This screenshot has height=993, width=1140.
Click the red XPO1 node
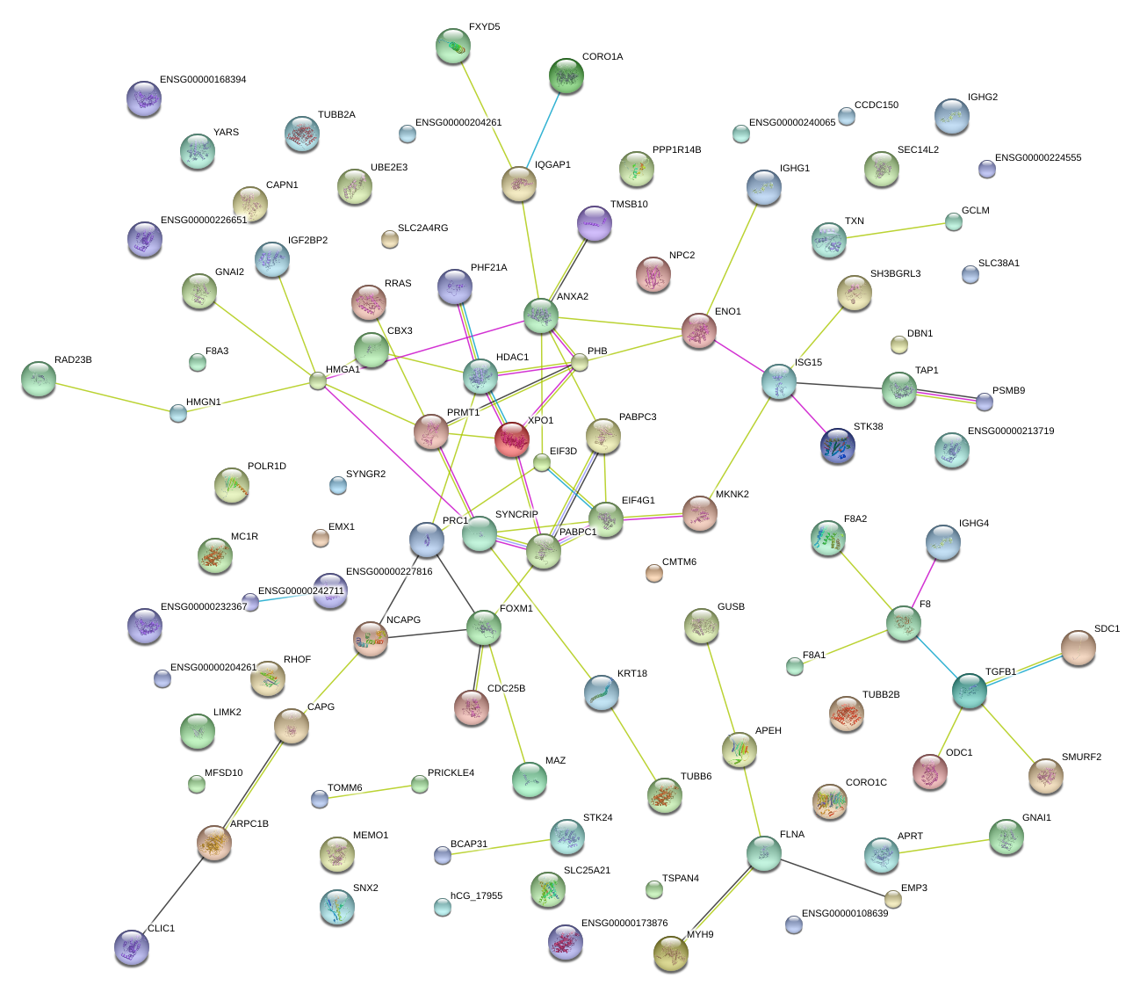(x=511, y=439)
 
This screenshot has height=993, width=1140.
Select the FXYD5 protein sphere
(x=452, y=46)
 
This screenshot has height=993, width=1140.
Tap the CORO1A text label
(x=602, y=57)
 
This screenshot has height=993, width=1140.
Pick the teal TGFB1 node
(x=970, y=692)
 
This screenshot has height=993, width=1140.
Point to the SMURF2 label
(x=1081, y=757)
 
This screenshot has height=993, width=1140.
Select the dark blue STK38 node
(x=837, y=446)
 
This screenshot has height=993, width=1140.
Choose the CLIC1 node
(x=132, y=946)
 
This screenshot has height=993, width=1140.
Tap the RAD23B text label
(x=73, y=360)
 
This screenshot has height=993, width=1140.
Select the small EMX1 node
(x=321, y=539)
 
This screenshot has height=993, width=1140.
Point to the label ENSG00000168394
(x=203, y=80)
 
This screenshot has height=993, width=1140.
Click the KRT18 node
(x=601, y=692)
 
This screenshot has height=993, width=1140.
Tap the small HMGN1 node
(x=178, y=412)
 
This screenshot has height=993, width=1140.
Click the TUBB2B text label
(x=881, y=695)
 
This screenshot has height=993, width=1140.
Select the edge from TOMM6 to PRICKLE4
(x=370, y=792)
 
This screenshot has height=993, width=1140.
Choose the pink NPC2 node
(x=653, y=274)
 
